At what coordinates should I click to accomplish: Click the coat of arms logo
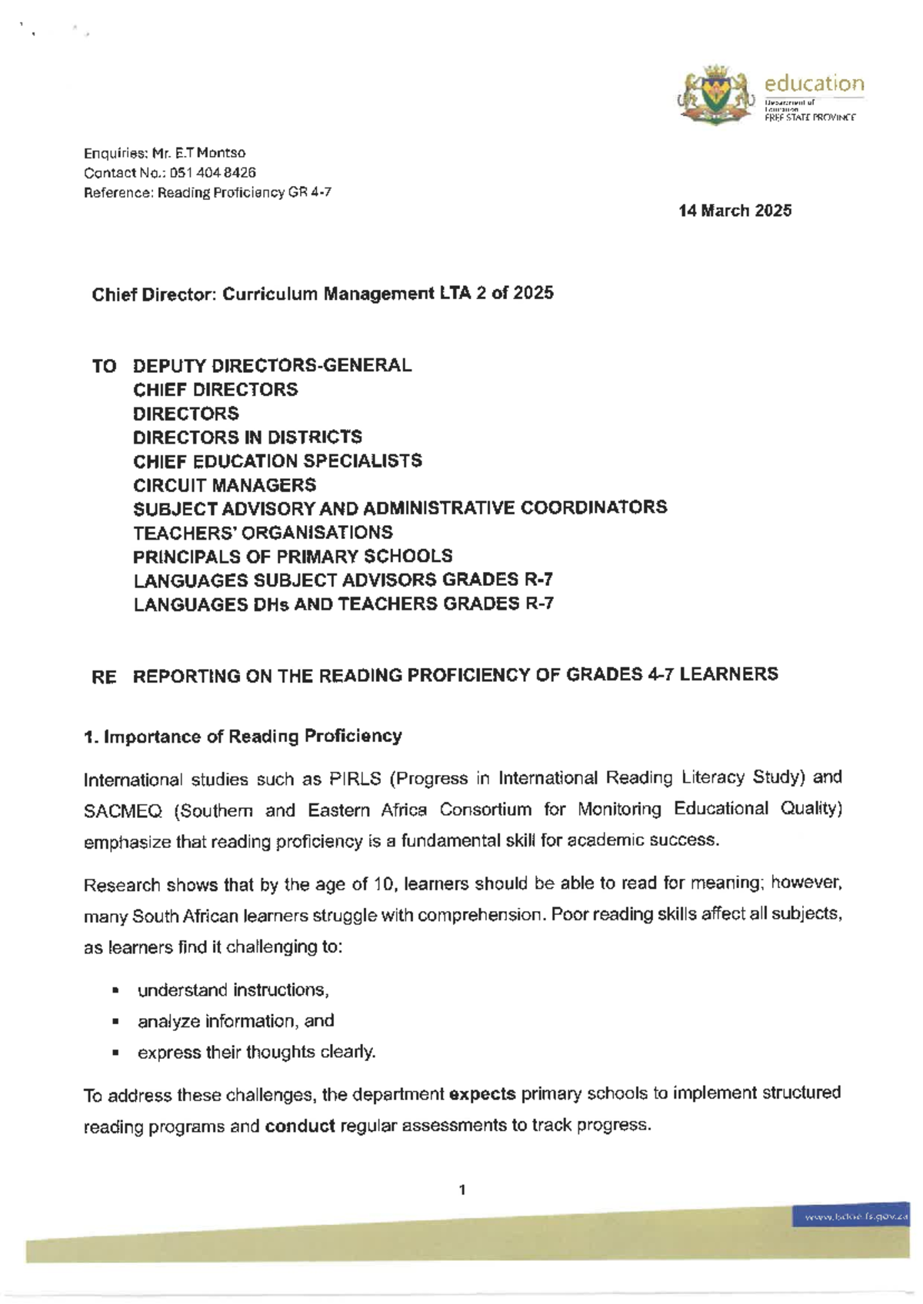click(715, 95)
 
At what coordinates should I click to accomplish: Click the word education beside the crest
click(814, 83)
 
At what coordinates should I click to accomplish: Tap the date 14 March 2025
click(735, 211)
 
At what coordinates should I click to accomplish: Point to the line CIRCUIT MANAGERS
click(225, 485)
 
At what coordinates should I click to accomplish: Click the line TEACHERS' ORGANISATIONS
click(263, 532)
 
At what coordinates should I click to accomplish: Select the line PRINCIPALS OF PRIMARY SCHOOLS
click(292, 556)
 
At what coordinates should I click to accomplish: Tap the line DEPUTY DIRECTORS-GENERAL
click(272, 365)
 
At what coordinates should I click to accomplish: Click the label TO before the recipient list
click(104, 366)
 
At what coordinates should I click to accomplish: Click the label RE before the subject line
click(104, 677)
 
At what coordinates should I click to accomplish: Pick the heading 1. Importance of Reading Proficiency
click(243, 737)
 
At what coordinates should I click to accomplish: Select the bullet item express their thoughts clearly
click(256, 1052)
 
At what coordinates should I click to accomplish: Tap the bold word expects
click(481, 1094)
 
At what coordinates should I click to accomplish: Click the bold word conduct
click(299, 1126)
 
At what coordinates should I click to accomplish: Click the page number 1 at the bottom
click(461, 1190)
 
